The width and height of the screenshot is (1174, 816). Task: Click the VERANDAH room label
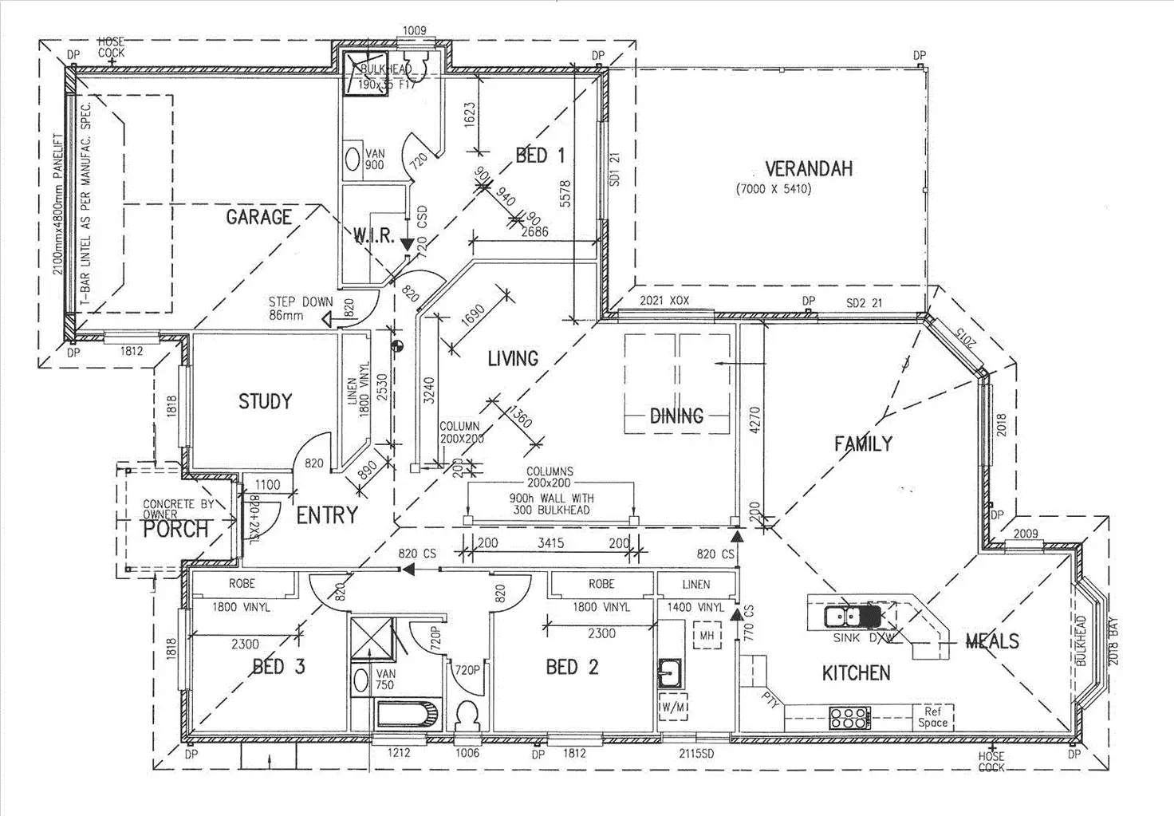808,169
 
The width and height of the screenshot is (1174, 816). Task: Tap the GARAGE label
258,217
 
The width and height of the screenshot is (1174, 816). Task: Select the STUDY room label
265,401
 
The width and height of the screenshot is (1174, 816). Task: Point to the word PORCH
175,529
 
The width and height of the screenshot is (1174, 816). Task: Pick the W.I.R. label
374,235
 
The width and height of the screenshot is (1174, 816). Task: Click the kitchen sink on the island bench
842,617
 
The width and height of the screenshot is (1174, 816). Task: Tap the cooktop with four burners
850,717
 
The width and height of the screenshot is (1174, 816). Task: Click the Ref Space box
932,716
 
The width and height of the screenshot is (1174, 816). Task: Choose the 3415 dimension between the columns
551,543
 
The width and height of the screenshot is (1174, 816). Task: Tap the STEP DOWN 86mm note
301,308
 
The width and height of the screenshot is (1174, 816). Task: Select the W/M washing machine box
672,708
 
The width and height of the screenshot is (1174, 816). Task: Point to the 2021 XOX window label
664,301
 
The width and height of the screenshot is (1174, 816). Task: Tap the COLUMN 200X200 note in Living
460,432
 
